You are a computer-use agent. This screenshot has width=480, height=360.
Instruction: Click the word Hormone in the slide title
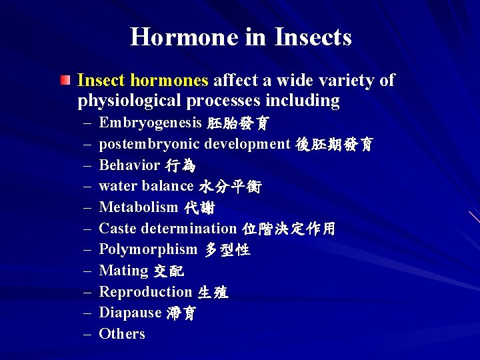[184, 37]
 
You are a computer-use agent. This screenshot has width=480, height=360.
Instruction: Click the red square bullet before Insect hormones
[64, 81]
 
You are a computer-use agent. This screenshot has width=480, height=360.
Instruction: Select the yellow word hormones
[170, 81]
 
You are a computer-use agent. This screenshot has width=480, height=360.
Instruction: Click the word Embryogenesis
[150, 123]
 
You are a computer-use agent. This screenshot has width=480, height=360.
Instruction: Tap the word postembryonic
[149, 144]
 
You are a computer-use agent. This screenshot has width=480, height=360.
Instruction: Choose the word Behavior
[129, 165]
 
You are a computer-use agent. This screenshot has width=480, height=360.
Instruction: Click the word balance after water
[167, 186]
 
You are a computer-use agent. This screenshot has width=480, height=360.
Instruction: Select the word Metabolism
[139, 207]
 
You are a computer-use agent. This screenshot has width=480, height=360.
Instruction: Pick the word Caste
[117, 229]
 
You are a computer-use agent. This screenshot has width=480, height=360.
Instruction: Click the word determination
[187, 229]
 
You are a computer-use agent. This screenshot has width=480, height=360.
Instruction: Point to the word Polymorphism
[148, 249]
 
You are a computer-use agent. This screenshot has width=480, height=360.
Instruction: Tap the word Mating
[123, 271]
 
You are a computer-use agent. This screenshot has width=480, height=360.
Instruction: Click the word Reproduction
[145, 291]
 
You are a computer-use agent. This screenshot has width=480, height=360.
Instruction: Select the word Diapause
[130, 313]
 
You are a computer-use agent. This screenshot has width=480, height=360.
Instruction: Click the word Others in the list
[121, 334]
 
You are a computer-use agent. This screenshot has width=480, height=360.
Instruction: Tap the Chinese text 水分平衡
[230, 187]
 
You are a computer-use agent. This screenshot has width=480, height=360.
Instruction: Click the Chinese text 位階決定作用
[289, 229]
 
